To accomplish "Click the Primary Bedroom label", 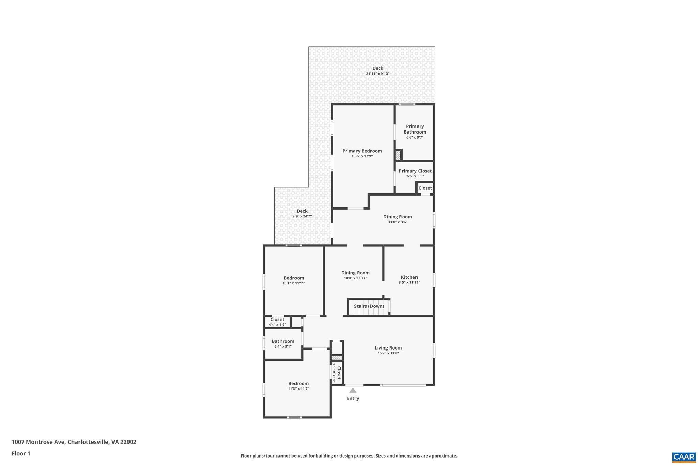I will [x=362, y=151].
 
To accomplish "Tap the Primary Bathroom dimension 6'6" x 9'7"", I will [x=414, y=137].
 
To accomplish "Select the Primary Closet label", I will [x=415, y=171].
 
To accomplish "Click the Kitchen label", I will [x=409, y=277].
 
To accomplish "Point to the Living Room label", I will [x=388, y=348].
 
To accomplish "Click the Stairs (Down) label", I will [x=369, y=306].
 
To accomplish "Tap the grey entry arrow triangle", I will [x=353, y=390].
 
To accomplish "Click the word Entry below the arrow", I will [x=353, y=398].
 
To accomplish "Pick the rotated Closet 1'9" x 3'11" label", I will [x=337, y=373].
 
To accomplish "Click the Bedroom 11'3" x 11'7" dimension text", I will [x=299, y=389].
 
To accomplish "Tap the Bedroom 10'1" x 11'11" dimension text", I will [x=294, y=283].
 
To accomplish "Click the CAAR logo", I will [x=683, y=457].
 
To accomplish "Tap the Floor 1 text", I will [x=21, y=453].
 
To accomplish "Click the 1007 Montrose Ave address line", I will [x=74, y=442].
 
